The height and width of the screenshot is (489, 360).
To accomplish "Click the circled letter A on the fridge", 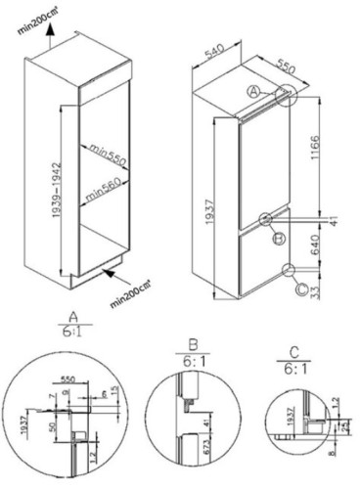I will pos(253,90).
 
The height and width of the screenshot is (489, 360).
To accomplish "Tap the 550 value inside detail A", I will pos(69,376).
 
